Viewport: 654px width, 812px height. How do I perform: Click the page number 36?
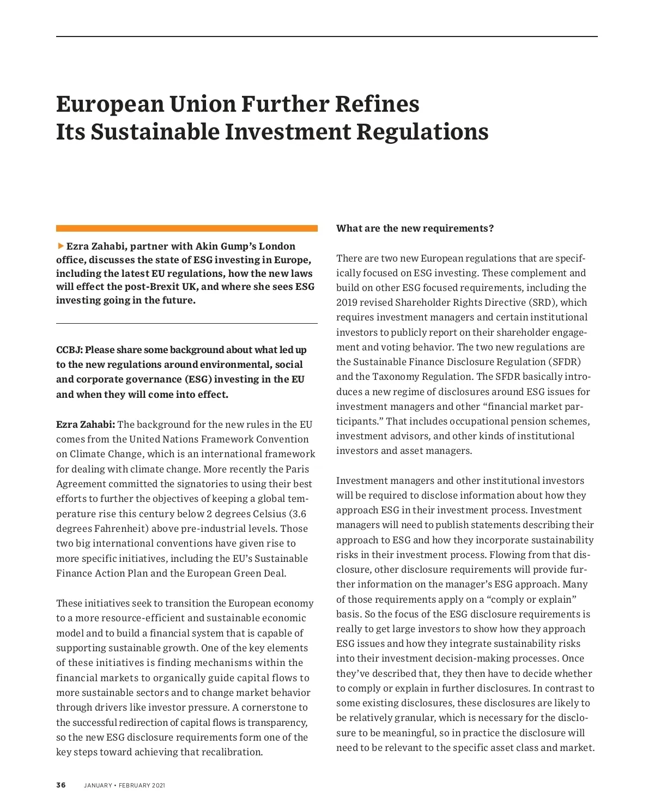60,785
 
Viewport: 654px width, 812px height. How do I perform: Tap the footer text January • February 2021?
124,785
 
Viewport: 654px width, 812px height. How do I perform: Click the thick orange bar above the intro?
186,228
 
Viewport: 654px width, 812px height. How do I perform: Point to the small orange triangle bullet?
60,246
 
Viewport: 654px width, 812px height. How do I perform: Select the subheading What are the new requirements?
415,228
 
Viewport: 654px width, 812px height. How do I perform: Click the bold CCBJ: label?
69,350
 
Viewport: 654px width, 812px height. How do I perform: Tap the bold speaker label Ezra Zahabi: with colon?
85,425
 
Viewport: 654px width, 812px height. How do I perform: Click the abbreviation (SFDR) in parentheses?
565,362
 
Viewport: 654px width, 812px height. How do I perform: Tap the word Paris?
298,469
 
